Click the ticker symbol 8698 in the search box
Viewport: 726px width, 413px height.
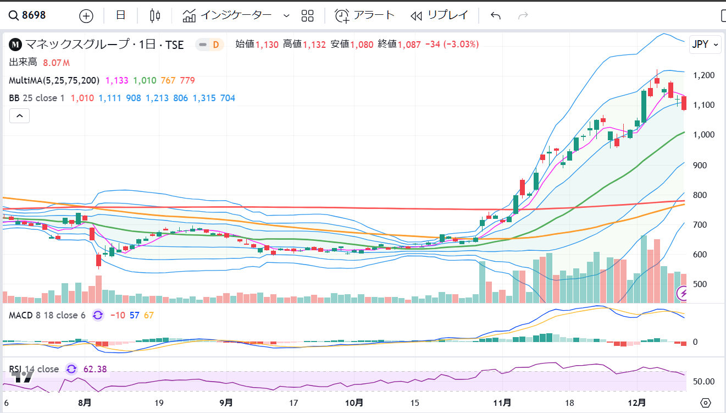coord(34,15)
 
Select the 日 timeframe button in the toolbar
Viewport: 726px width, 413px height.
coord(120,15)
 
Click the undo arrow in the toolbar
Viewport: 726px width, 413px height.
coord(496,15)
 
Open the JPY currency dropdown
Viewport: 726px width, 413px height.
coord(705,44)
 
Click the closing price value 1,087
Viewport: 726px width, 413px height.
coord(409,45)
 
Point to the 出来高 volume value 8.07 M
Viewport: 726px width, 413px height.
coord(56,63)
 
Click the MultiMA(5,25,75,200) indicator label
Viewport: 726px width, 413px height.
coord(54,80)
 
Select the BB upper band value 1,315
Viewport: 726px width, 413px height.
coord(204,98)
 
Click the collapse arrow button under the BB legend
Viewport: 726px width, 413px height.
coord(19,116)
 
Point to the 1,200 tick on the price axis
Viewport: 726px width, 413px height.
coord(703,75)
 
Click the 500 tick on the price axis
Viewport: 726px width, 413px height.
coord(700,284)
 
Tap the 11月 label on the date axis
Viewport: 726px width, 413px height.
coord(502,403)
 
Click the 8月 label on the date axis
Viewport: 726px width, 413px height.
coord(85,403)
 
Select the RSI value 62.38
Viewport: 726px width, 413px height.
coord(95,369)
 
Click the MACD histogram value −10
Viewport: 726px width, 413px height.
coord(118,315)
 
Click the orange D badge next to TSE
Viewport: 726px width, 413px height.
coord(216,45)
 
